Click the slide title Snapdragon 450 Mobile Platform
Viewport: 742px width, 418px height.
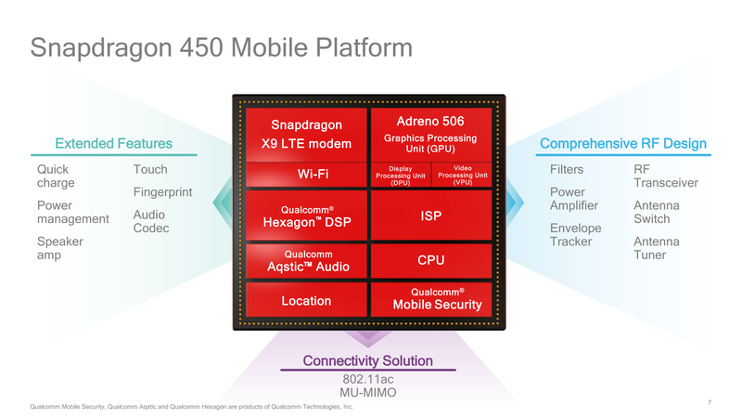pyautogui.click(x=222, y=47)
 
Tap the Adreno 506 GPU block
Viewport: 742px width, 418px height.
pyautogui.click(x=429, y=135)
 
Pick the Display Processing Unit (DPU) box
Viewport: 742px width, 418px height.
pyautogui.click(x=400, y=176)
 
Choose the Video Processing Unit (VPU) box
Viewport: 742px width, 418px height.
pyautogui.click(x=462, y=176)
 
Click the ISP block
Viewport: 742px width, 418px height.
pyautogui.click(x=430, y=216)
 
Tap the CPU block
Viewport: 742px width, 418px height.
pyautogui.click(x=430, y=261)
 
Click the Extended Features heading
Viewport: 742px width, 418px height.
pyautogui.click(x=114, y=143)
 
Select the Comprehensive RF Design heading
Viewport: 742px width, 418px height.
pyautogui.click(x=623, y=143)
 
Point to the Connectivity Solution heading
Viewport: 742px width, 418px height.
pyautogui.click(x=368, y=360)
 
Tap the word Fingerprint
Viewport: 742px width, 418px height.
pyautogui.click(x=163, y=193)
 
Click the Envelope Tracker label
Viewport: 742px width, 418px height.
pyautogui.click(x=576, y=235)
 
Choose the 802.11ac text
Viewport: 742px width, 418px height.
pyautogui.click(x=368, y=379)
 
